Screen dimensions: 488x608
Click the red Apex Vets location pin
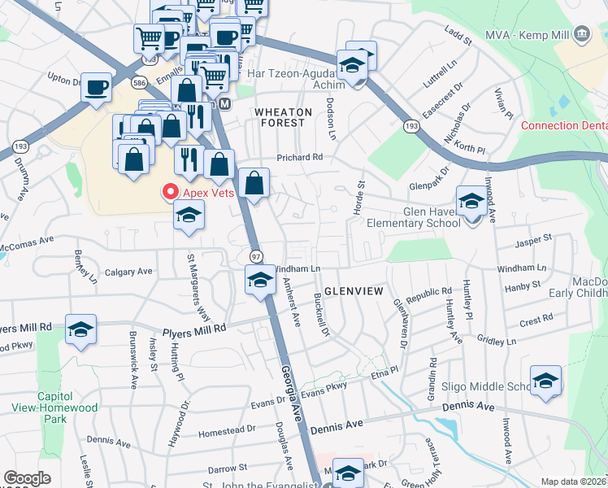tap(171, 192)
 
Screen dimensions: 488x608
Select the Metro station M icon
tap(225, 104)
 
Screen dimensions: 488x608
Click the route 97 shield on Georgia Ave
tap(255, 255)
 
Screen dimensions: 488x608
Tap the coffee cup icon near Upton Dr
tap(96, 87)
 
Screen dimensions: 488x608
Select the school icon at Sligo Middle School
tap(545, 380)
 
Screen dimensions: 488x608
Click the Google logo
tap(28, 478)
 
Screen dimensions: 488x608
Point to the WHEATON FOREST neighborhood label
tap(281, 117)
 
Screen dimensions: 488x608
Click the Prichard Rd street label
tap(300, 157)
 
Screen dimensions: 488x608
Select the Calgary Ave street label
tap(128, 271)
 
